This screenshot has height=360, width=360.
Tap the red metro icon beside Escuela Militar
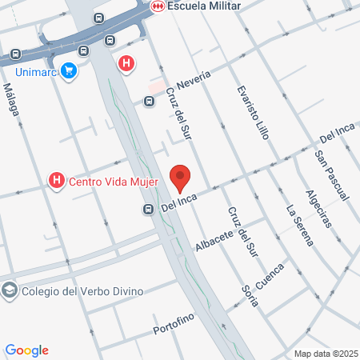158,6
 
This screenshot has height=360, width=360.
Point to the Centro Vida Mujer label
114,182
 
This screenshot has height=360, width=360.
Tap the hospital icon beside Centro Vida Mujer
56,182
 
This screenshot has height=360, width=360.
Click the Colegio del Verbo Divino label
83,290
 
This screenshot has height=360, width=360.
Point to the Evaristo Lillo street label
250,113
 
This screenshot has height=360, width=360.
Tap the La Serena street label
298,226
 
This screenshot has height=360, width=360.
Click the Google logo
26,350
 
